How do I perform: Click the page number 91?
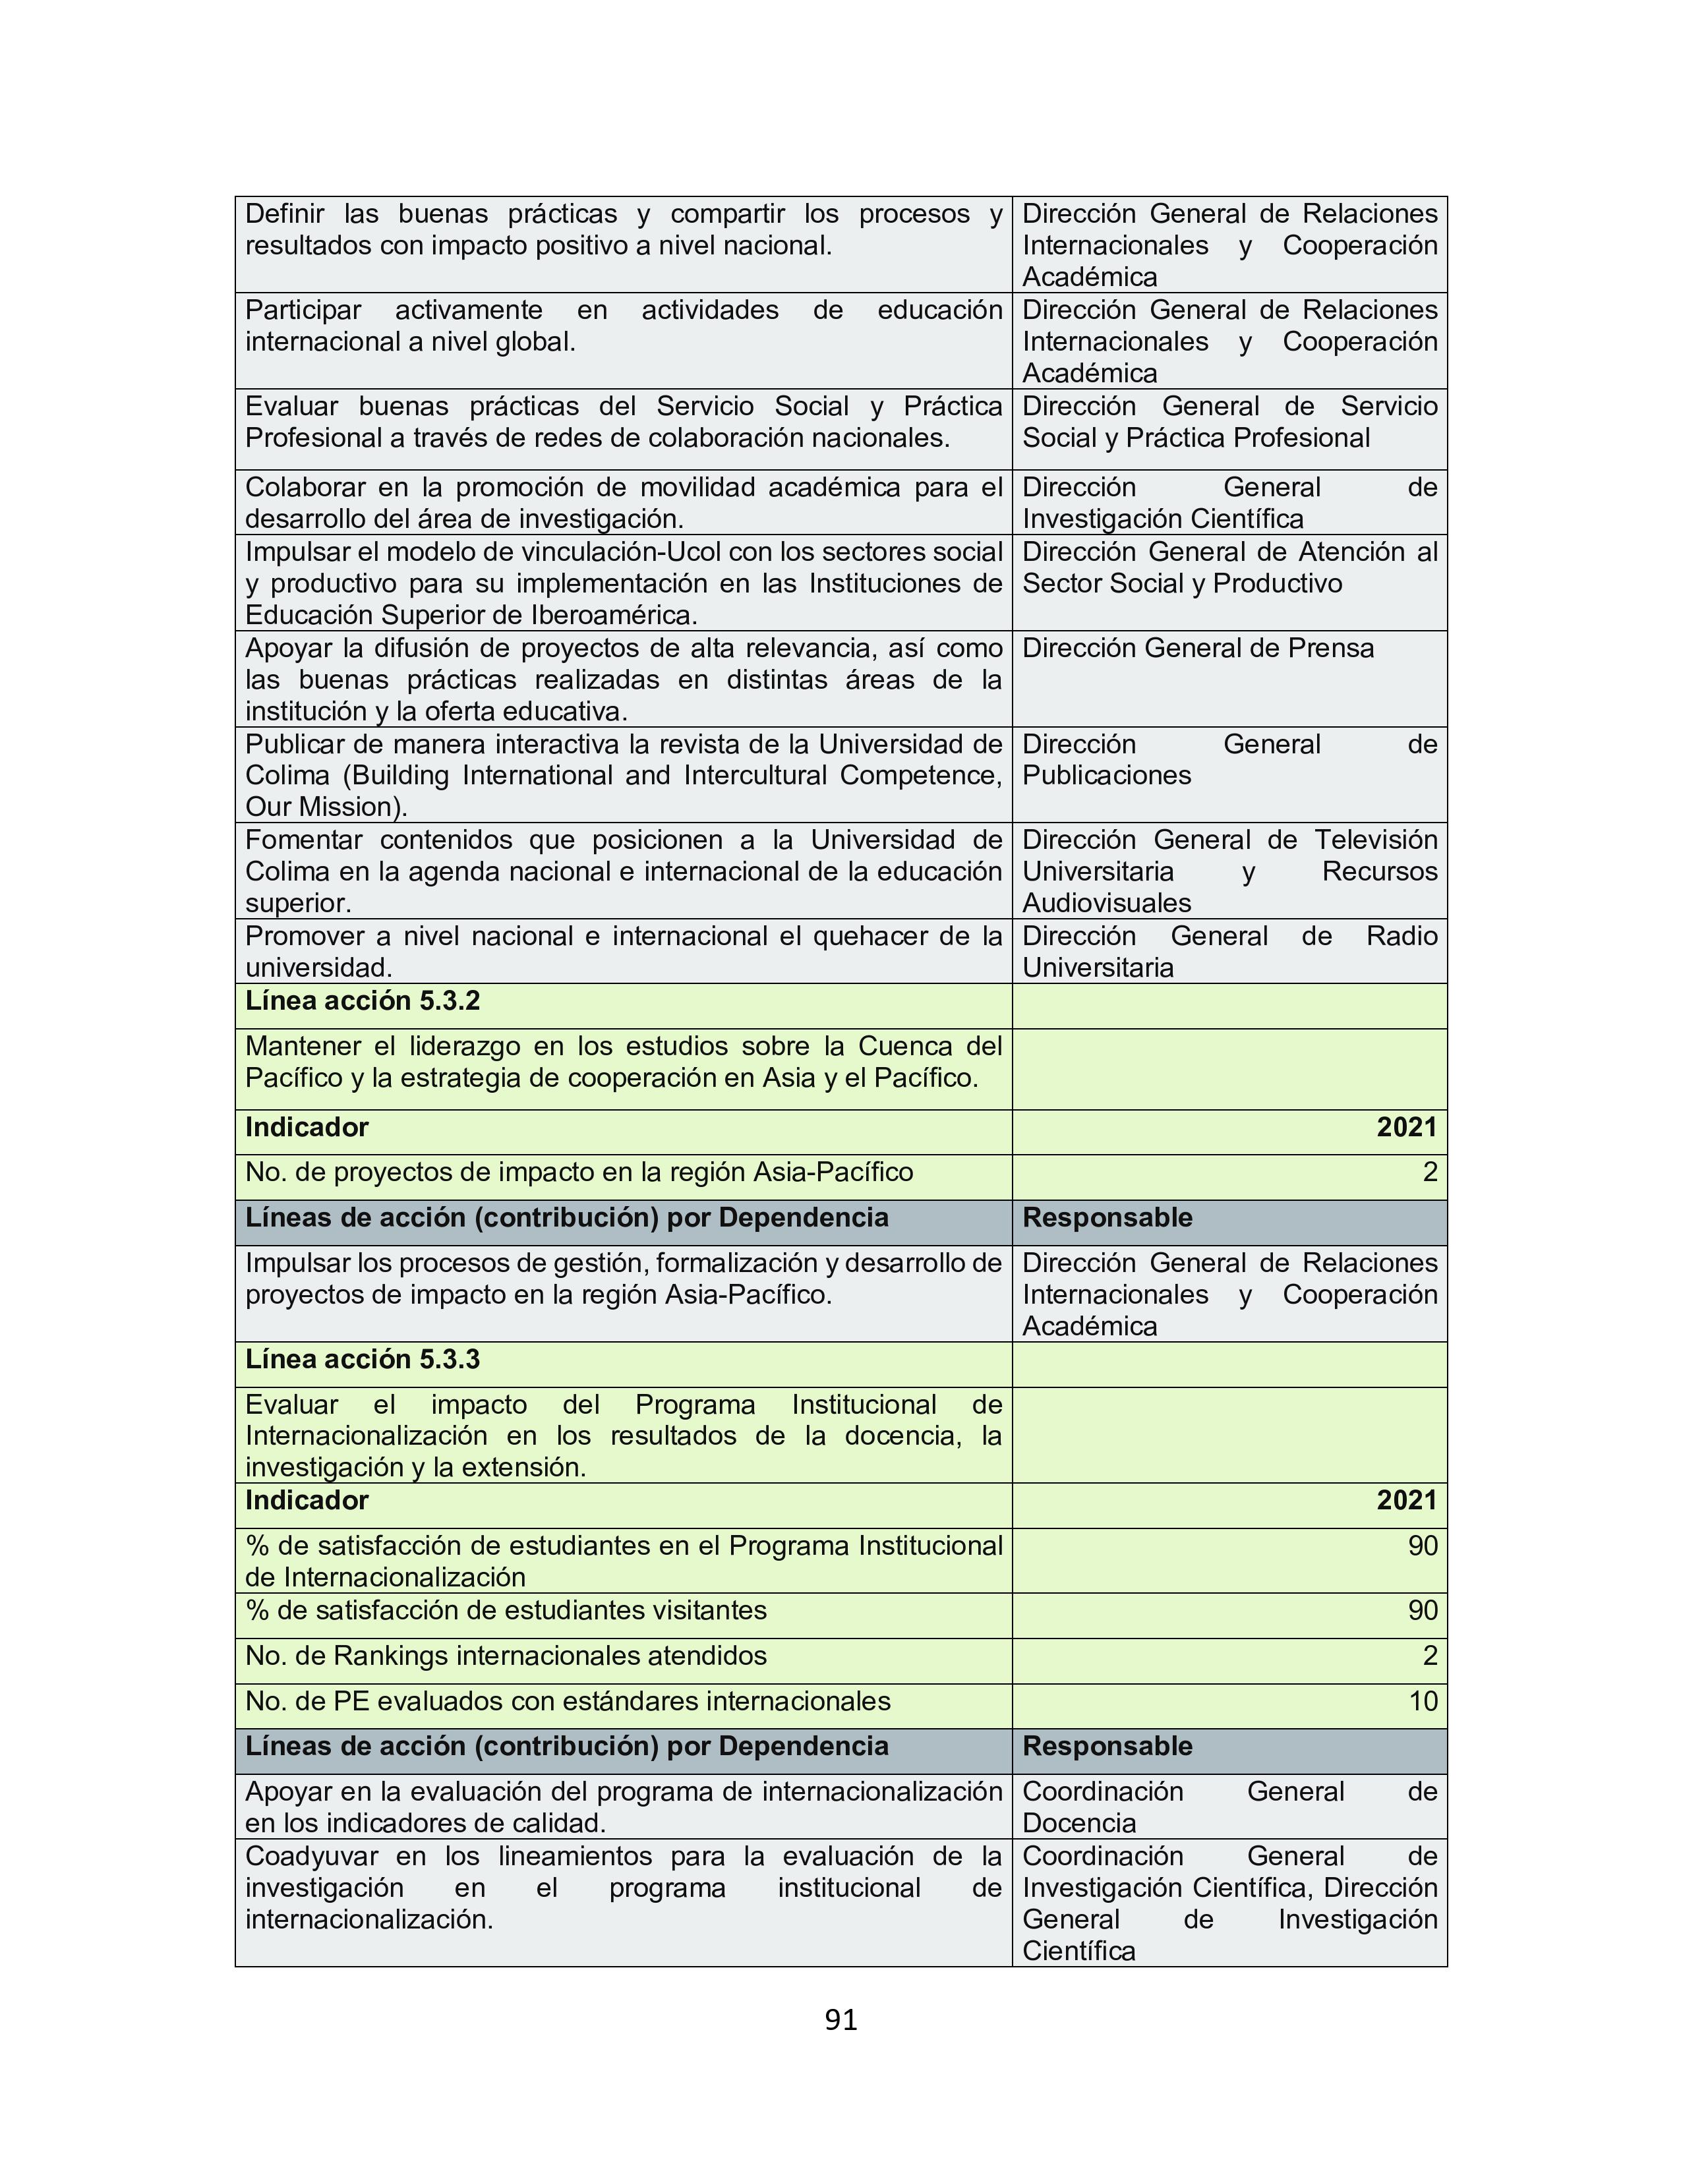pos(840,2019)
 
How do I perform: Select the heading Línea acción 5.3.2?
pos(363,1001)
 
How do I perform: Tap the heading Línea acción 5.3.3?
pos(363,1359)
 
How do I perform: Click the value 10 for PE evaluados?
pos(1423,1701)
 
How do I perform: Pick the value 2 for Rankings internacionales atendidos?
pos(1430,1656)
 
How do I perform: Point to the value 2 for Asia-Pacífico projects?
pos(1430,1172)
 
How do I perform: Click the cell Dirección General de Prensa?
pos(1198,649)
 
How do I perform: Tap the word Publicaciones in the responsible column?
pos(1106,776)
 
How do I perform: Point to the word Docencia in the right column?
pos(1080,1824)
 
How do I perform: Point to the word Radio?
pos(1401,936)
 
